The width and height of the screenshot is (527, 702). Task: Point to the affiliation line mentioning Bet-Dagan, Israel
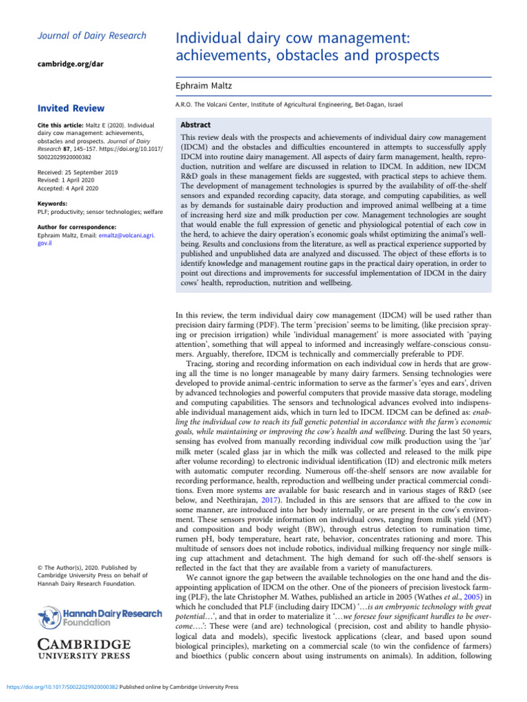(x=290, y=104)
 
